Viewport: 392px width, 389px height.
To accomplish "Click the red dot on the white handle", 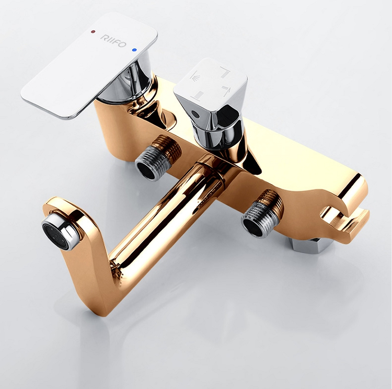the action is [93, 32].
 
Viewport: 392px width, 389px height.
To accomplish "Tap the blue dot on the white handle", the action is [135, 50].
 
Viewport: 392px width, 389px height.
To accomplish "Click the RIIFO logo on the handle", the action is [113, 41].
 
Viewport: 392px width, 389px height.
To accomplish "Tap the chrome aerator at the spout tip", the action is [59, 232].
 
